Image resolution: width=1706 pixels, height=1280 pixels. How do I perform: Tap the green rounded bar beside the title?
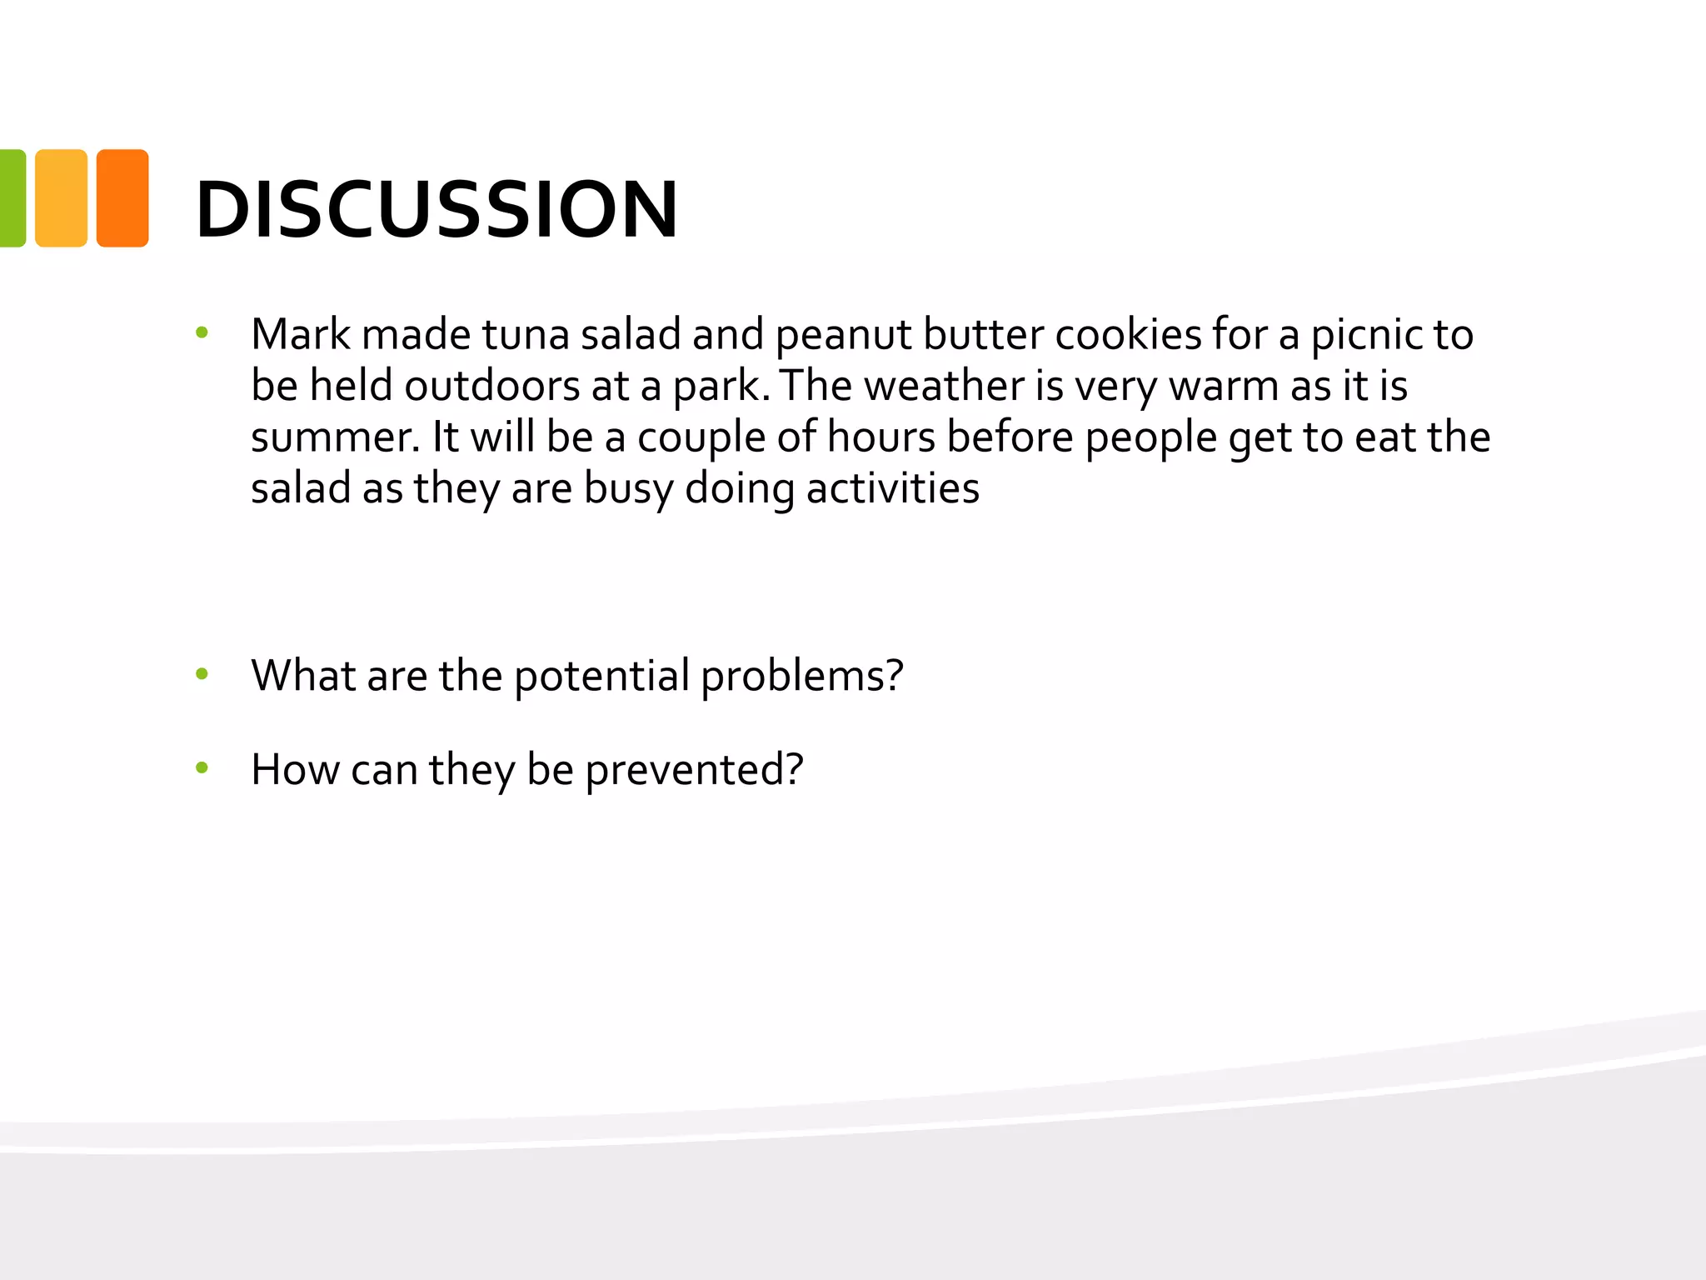tap(12, 198)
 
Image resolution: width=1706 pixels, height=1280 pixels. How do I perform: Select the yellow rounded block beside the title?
tap(61, 198)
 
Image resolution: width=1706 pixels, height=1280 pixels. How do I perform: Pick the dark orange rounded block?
tap(122, 198)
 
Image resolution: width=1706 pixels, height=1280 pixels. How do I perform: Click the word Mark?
tap(301, 334)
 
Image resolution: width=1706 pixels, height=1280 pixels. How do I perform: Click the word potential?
tap(601, 676)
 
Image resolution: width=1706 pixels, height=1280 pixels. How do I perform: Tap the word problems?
tap(801, 676)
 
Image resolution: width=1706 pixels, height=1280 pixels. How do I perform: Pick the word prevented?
tap(693, 770)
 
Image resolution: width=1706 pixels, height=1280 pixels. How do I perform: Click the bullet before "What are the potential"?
tap(202, 673)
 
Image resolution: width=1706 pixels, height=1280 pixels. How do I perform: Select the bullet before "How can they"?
tap(202, 767)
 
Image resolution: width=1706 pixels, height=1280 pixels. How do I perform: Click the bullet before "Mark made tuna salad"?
tap(202, 333)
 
